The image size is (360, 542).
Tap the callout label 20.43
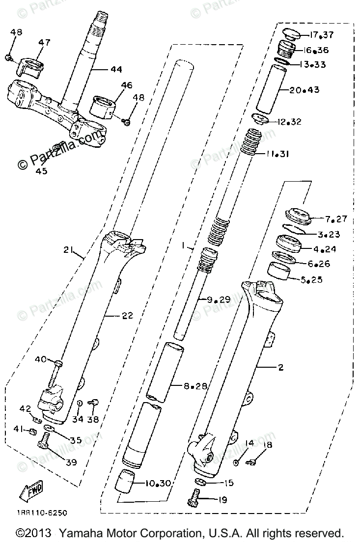pyautogui.click(x=305, y=90)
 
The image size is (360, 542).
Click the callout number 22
pyautogui.click(x=127, y=316)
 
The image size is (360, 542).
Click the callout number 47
pyautogui.click(x=45, y=43)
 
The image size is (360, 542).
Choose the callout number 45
pyautogui.click(x=41, y=171)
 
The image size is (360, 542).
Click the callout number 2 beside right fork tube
pyautogui.click(x=294, y=367)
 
